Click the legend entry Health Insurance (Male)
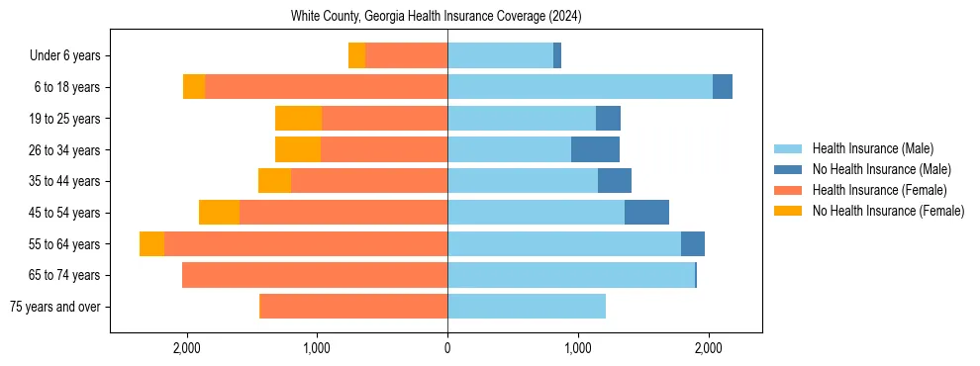872,148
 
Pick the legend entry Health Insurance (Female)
879,190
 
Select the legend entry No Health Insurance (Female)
888,211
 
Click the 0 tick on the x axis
447,348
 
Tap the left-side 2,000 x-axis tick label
187,348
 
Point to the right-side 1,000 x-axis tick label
578,348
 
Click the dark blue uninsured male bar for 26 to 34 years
595,149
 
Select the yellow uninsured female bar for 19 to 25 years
298,119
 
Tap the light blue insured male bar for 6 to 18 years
579,87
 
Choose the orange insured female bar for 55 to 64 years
306,244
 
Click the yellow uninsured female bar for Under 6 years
356,56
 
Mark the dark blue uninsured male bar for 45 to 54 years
646,213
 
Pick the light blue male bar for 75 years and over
527,307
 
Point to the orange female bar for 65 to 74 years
315,275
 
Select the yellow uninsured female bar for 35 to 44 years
274,181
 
